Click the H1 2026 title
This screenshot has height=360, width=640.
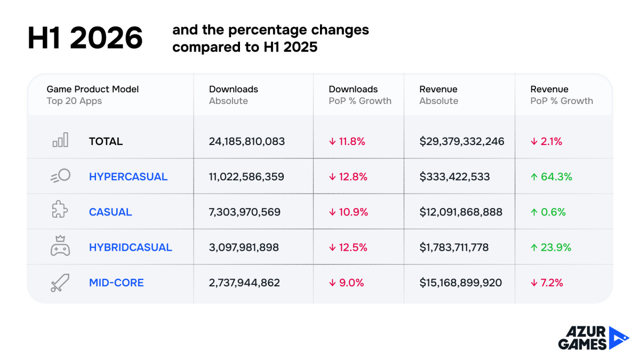click(x=85, y=38)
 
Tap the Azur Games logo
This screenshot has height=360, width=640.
click(x=594, y=338)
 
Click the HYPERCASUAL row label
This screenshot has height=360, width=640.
click(x=128, y=177)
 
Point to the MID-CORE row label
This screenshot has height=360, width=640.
click(x=116, y=283)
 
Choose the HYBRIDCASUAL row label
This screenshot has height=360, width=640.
click(x=131, y=247)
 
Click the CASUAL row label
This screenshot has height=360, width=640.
click(x=110, y=212)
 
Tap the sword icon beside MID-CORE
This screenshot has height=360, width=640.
click(x=60, y=283)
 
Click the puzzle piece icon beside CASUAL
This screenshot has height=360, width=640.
click(x=60, y=209)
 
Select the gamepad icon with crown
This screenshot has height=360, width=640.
click(x=60, y=246)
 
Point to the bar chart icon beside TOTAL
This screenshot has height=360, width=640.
click(x=60, y=140)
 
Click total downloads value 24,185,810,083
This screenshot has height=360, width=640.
click(x=247, y=141)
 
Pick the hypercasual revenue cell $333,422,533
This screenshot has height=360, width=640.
click(x=454, y=177)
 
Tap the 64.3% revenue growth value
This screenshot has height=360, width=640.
click(x=551, y=177)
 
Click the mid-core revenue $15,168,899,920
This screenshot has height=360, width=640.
click(x=461, y=283)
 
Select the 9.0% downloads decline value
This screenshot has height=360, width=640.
click(x=346, y=283)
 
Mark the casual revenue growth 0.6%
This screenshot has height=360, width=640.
click(x=548, y=212)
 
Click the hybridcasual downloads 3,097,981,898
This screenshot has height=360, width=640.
click(x=244, y=247)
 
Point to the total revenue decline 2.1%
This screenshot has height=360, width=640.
click(x=546, y=141)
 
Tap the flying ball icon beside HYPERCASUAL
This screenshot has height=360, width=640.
click(x=61, y=175)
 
